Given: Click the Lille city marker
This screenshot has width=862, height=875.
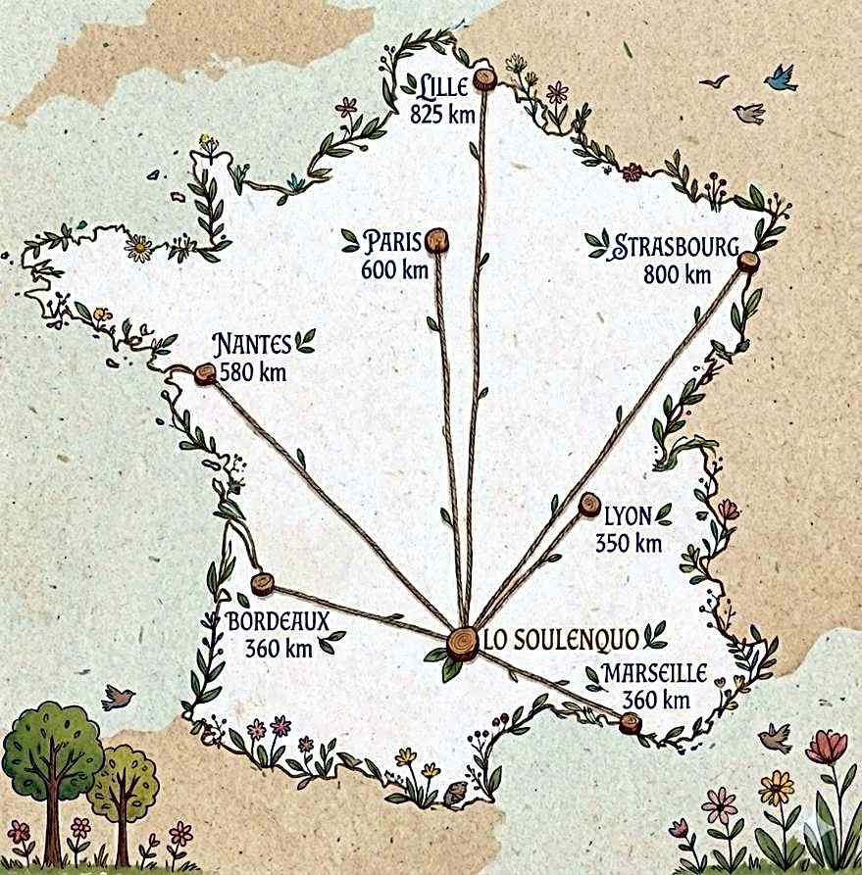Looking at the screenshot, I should tap(483, 79).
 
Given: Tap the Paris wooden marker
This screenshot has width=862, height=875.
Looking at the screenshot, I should tap(437, 240).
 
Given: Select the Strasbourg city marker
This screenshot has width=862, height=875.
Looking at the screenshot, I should tap(748, 262).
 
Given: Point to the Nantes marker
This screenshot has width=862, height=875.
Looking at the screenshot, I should tap(205, 373).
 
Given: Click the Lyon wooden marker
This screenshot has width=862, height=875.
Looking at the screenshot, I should tap(589, 505).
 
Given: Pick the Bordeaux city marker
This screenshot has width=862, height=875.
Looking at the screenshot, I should tap(262, 585).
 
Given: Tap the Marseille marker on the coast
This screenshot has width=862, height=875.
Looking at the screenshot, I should tap(630, 724).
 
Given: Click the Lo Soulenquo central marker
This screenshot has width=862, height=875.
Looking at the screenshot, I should tap(462, 643).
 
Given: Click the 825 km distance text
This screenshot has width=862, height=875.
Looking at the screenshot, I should tap(443, 114).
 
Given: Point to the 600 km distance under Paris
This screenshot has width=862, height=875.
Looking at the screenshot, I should tap(395, 269).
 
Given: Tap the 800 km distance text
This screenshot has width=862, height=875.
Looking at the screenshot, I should tap(677, 275).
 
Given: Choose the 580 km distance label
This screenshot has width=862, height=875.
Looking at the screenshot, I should tap(253, 372).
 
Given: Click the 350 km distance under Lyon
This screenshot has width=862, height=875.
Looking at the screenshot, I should tap(629, 543).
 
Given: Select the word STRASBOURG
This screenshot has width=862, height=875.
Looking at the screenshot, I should tap(676, 247).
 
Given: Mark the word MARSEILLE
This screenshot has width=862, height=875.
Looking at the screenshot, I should tap(655, 674).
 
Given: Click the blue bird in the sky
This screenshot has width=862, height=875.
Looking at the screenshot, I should tap(782, 78).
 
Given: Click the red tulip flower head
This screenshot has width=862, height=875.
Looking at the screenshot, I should tap(826, 747).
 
